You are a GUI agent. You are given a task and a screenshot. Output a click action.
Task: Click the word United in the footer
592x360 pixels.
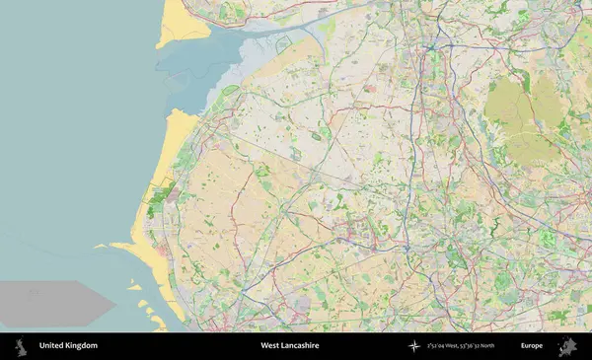point(51,346)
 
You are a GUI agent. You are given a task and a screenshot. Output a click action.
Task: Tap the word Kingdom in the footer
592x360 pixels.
point(81,346)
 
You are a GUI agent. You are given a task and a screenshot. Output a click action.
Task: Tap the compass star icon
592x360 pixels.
point(414,346)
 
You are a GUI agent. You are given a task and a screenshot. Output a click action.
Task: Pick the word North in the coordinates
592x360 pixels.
point(510,346)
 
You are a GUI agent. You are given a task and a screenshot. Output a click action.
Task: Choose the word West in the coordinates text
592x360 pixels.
point(463,346)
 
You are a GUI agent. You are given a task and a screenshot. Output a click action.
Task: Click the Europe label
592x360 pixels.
point(533,346)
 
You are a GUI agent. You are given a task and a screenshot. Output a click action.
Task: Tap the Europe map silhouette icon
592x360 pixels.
point(567,346)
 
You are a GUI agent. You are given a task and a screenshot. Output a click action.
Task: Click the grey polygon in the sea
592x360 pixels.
point(54,301)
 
